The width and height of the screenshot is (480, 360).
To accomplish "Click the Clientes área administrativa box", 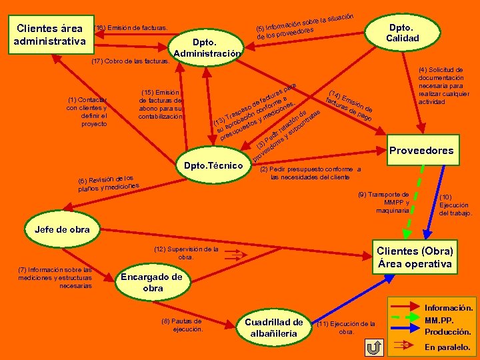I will point(51,35).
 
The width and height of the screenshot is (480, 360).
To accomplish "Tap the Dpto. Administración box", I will point(207,47).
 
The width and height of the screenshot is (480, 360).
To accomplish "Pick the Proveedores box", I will point(421,150).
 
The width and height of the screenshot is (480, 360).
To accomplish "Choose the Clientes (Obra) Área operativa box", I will point(415,257).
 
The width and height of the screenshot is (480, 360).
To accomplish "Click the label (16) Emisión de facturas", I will point(131,27).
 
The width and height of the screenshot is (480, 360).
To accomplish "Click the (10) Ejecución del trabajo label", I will point(455,205).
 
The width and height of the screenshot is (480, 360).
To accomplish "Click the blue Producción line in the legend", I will point(405,331).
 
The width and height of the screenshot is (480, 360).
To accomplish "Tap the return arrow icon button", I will point(375,347).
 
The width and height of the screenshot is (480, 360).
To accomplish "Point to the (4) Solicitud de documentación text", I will point(443,85).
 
